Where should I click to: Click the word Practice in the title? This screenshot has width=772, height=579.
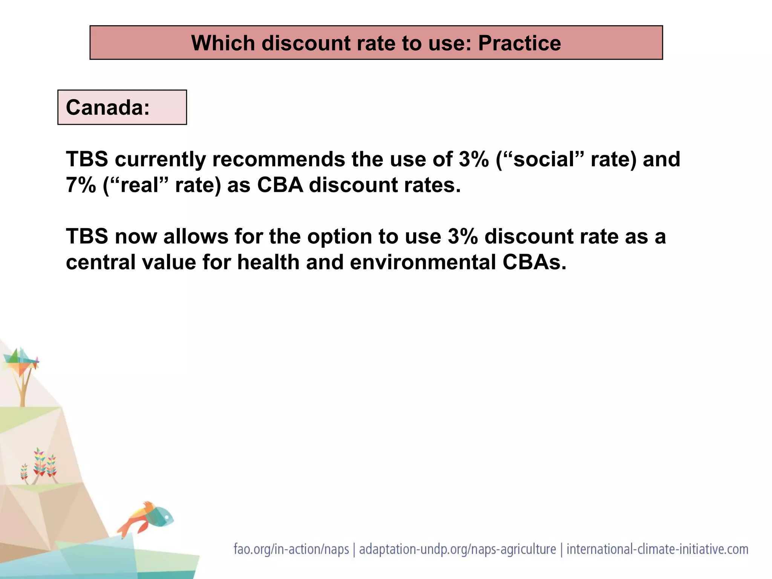coord(519,43)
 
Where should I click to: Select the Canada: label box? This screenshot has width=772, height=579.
coord(122,107)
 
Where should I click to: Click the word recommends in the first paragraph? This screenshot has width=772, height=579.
coord(279,159)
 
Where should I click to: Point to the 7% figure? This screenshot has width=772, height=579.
coord(81,185)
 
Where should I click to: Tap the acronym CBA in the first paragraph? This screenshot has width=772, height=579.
coord(280,185)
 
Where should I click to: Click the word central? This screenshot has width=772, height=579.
coord(100,262)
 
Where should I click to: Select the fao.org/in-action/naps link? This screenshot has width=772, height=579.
coord(291,549)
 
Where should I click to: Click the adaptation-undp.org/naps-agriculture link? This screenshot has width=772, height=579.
coord(457,549)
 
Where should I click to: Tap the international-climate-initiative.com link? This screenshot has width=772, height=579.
coord(657,549)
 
